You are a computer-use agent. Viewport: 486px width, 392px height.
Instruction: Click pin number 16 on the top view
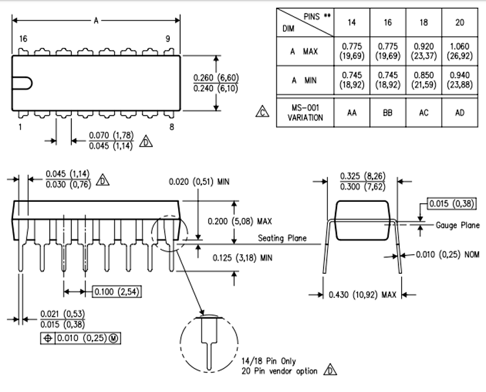(23, 40)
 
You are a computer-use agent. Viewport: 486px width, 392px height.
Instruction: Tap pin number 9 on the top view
(167, 40)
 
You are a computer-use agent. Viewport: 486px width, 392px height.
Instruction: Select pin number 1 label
(20, 127)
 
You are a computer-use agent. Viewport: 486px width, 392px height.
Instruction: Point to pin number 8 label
(171, 127)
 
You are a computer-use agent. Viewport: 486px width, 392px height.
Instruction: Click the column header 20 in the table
(459, 23)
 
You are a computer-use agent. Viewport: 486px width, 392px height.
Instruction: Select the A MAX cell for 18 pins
(423, 51)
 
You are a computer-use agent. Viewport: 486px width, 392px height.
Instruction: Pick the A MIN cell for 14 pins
(352, 80)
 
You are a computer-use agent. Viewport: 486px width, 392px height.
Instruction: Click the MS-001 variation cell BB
(388, 112)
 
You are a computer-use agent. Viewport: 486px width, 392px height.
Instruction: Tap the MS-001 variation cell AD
(459, 112)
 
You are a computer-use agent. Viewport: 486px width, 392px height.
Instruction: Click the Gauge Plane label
(457, 225)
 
